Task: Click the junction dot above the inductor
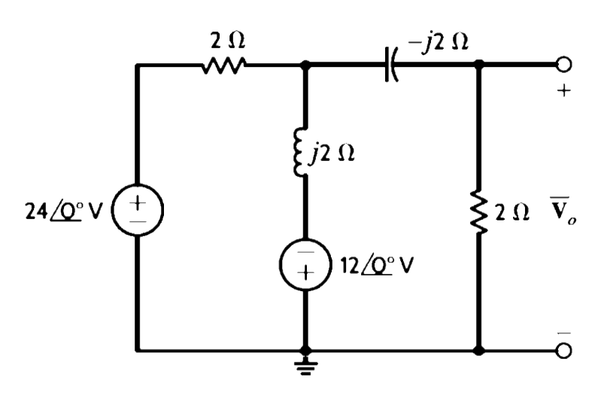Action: (x=305, y=65)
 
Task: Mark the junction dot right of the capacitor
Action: (x=478, y=65)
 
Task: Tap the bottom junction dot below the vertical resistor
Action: (x=478, y=351)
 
